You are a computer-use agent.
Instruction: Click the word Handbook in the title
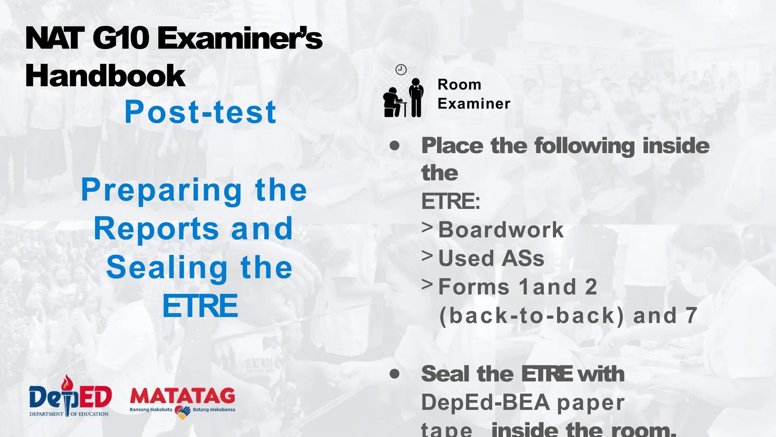click(x=105, y=76)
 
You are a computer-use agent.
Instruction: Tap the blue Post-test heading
click(x=200, y=112)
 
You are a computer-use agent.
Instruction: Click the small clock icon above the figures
click(x=401, y=70)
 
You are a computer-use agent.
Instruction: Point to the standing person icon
click(x=416, y=97)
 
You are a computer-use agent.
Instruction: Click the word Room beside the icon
click(x=459, y=85)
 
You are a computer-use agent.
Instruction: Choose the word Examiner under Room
click(x=474, y=104)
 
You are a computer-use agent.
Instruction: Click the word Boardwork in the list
click(x=501, y=230)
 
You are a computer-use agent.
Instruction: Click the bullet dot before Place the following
click(x=394, y=146)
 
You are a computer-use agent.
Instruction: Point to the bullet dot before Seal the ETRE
click(x=394, y=374)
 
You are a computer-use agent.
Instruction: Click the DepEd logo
click(x=70, y=397)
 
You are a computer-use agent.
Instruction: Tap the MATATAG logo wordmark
click(x=182, y=397)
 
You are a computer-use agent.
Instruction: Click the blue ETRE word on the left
click(x=200, y=306)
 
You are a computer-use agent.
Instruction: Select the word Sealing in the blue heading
click(x=167, y=268)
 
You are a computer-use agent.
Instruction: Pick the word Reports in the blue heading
click(x=156, y=229)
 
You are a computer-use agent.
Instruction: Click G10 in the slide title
click(x=120, y=38)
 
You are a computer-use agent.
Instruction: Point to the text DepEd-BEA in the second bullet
click(x=486, y=402)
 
